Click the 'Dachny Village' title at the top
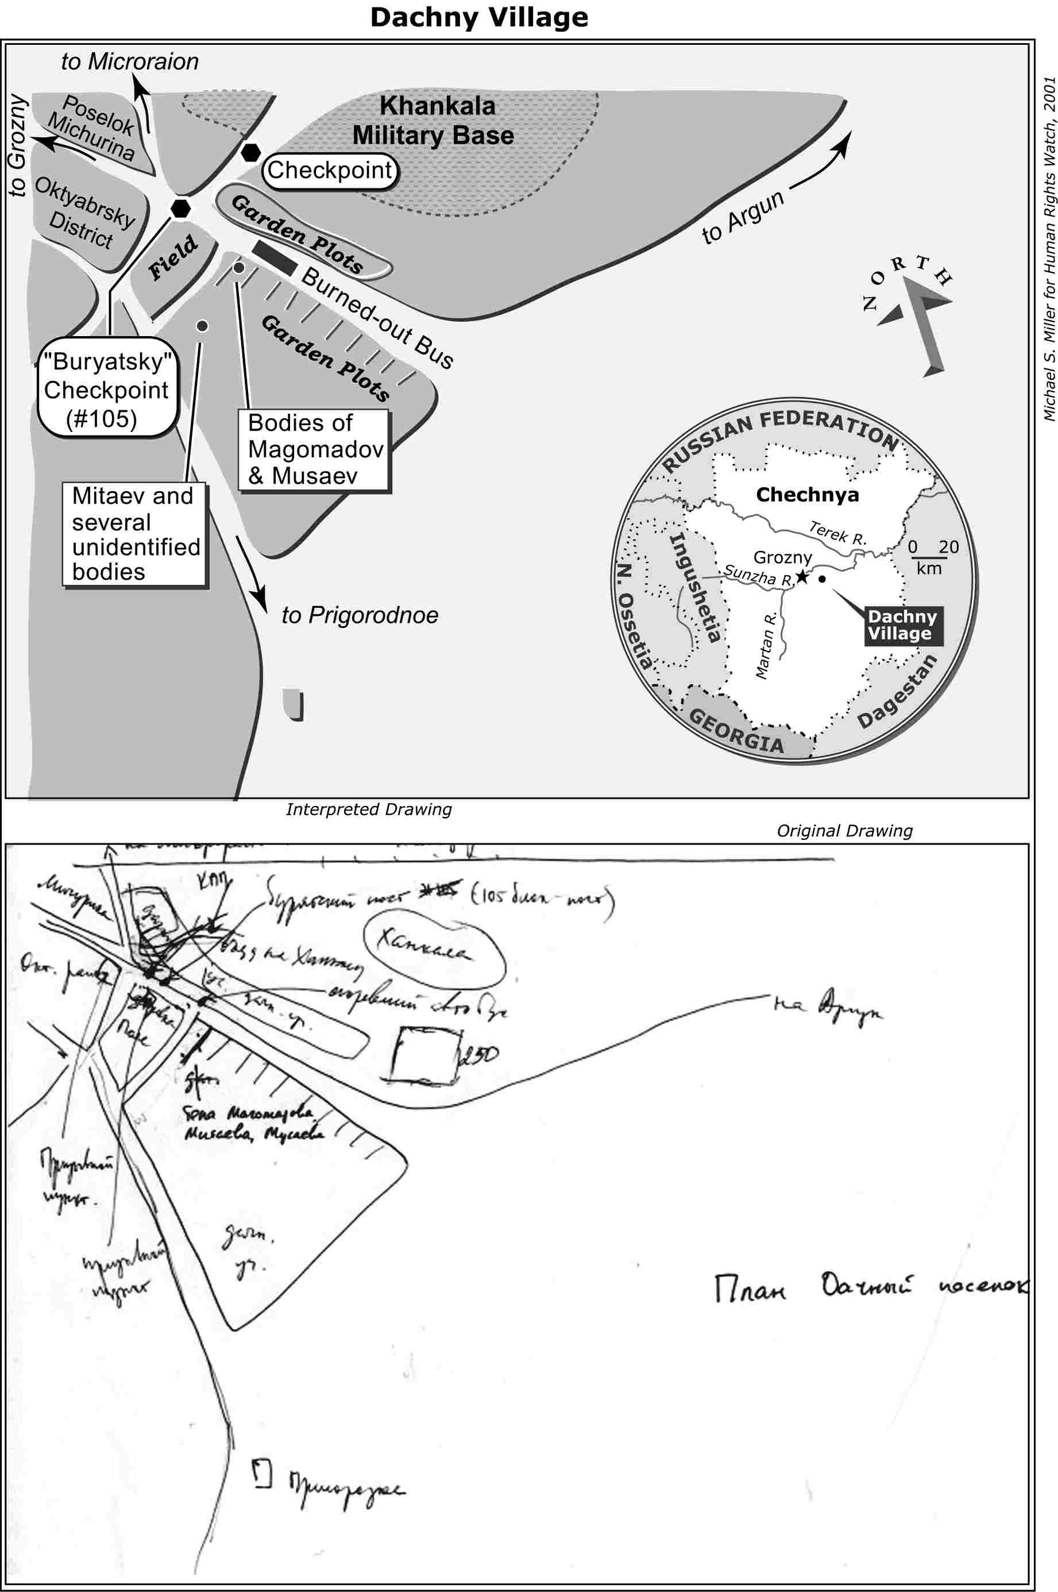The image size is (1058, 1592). coord(479,18)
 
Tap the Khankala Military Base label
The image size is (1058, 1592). coord(434,121)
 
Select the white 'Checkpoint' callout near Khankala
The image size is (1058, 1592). coord(329,170)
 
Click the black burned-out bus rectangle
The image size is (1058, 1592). coord(274,257)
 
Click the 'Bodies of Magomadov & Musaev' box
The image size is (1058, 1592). coord(314,449)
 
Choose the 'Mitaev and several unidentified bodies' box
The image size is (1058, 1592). coord(135,534)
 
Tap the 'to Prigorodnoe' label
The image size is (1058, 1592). coord(360,615)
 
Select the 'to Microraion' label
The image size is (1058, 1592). coord(130,62)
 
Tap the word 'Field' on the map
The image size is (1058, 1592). coord(173,258)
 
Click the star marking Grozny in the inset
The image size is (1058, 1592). coord(802,577)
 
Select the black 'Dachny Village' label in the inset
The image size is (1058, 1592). coord(902,625)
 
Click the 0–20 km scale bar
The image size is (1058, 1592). coord(929,557)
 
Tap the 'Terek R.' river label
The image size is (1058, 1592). coord(837,533)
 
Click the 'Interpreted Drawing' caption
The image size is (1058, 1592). coord(368,809)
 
